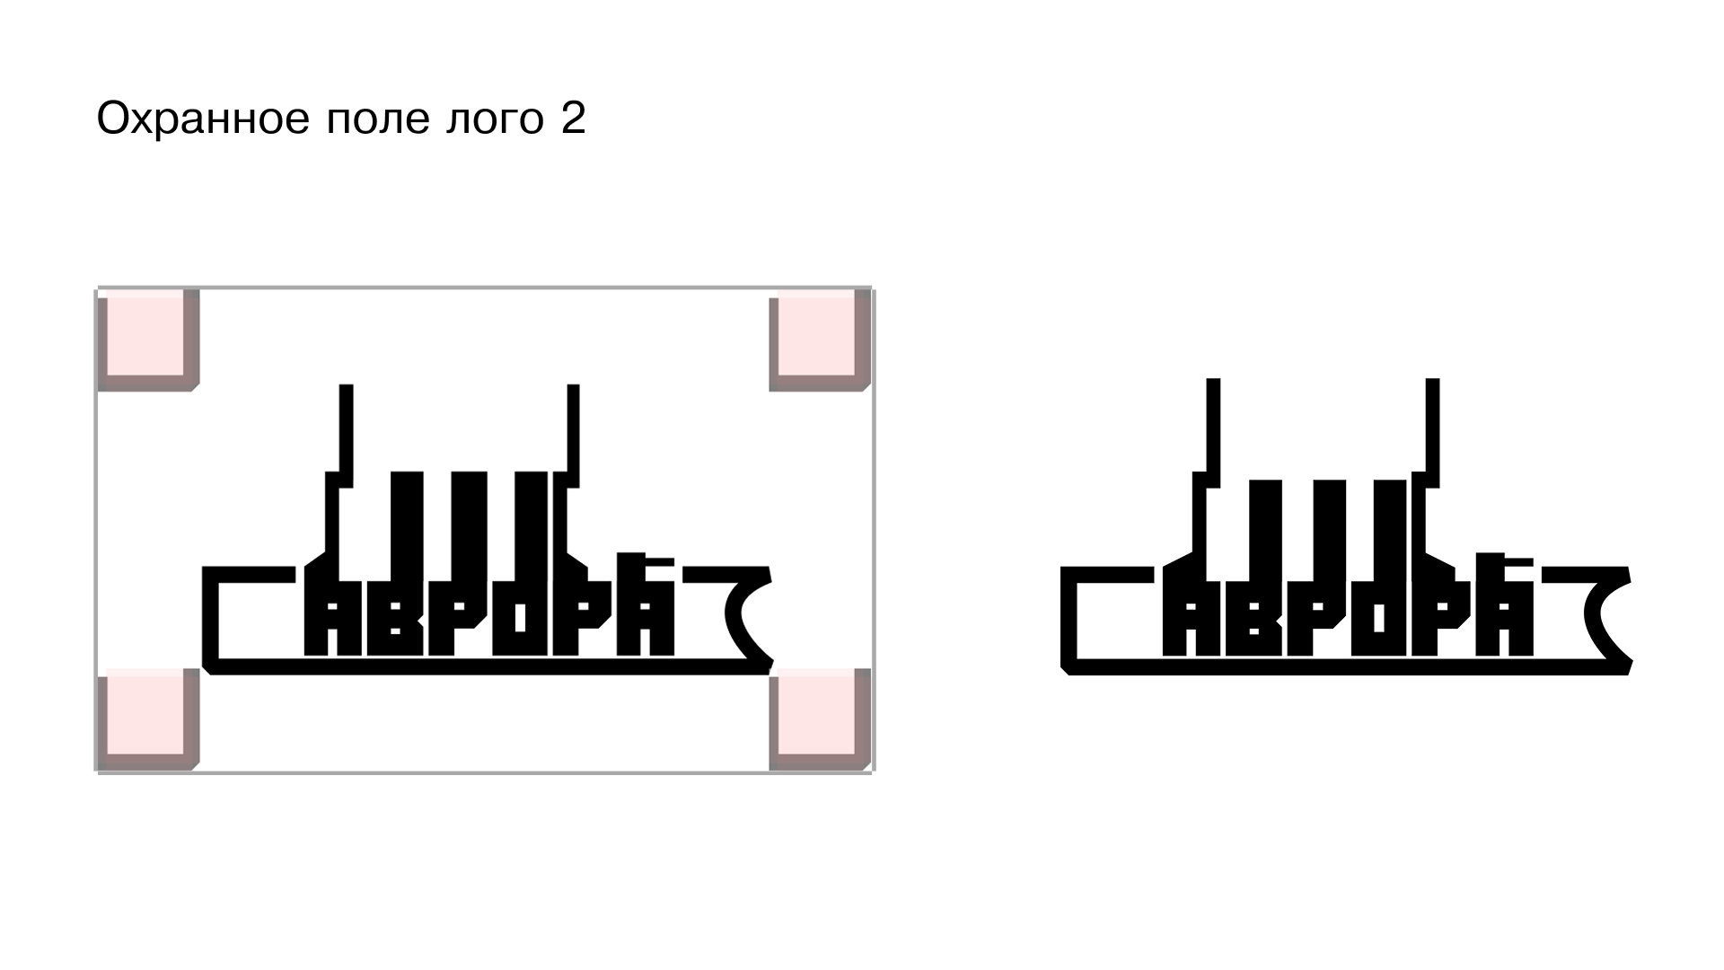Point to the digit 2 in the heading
click(574, 118)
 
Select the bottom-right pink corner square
click(820, 719)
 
